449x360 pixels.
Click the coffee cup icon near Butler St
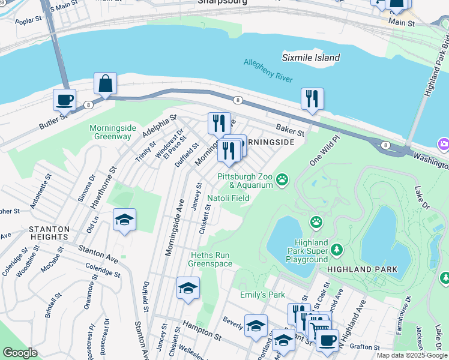click(65, 100)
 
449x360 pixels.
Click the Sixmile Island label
click(311, 58)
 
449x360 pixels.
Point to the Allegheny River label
click(268, 70)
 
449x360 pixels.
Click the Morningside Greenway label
click(110, 132)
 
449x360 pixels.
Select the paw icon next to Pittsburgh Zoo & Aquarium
click(282, 179)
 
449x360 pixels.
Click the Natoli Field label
click(228, 198)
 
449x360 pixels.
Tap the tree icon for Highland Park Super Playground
click(337, 248)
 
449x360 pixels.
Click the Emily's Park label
click(262, 295)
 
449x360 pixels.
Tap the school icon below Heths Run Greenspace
click(188, 289)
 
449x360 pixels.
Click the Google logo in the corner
click(20, 353)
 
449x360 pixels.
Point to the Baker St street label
click(291, 129)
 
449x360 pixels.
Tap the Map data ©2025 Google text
click(412, 355)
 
